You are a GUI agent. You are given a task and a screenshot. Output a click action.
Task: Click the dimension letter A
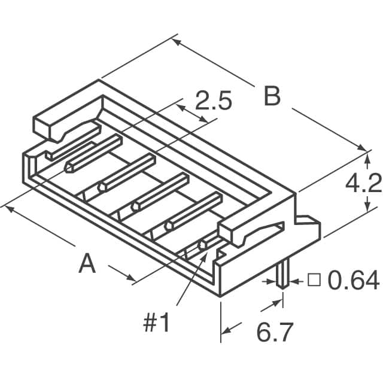[x=87, y=263]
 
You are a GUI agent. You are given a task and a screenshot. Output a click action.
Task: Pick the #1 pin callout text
[x=157, y=324]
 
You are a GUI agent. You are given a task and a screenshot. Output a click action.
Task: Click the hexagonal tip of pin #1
[x=203, y=244]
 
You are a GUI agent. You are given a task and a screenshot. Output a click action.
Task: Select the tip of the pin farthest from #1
[x=70, y=168]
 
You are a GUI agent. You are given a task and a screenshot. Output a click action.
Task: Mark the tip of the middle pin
[x=136, y=206]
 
